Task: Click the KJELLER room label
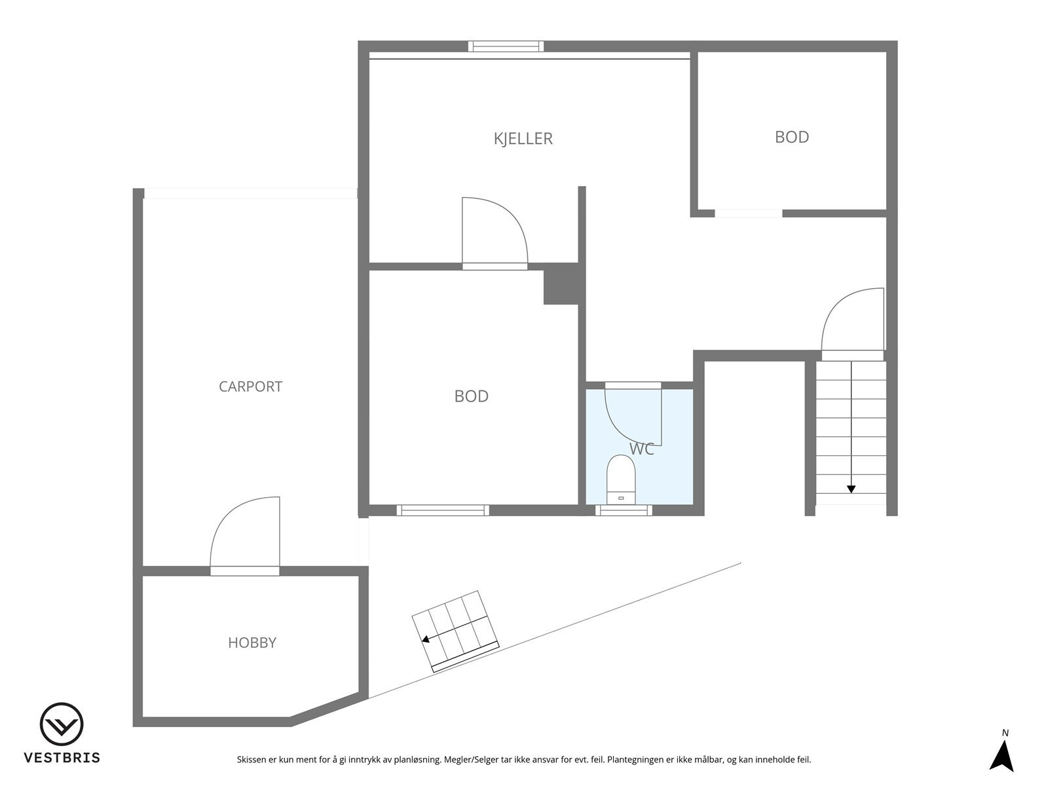(523, 139)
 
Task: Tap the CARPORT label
(250, 386)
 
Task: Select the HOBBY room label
(252, 643)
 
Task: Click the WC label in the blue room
(641, 449)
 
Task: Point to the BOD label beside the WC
(471, 396)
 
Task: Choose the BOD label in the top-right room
(791, 137)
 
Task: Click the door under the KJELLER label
(495, 233)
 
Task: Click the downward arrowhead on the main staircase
(851, 489)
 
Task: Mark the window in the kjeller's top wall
(506, 46)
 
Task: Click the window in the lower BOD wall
(443, 510)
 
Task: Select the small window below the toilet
(623, 510)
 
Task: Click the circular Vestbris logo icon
(62, 724)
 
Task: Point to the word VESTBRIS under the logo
(62, 758)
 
